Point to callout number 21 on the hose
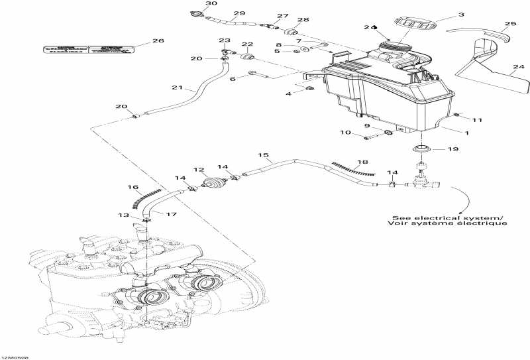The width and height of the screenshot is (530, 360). pyautogui.click(x=176, y=88)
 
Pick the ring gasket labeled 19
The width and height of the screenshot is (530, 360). pyautogui.click(x=419, y=147)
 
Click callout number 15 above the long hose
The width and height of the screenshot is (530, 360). pyautogui.click(x=264, y=156)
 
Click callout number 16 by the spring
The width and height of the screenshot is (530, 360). pyautogui.click(x=132, y=188)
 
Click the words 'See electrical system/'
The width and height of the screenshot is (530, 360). pyautogui.click(x=447, y=218)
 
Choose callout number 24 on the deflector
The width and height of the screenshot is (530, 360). pyautogui.click(x=515, y=66)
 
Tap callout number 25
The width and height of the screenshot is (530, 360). pyautogui.click(x=509, y=25)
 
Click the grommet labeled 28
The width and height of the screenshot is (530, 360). pyautogui.click(x=291, y=32)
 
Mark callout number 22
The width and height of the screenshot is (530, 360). pyautogui.click(x=246, y=44)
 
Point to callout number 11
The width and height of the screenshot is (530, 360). pyautogui.click(x=477, y=119)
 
